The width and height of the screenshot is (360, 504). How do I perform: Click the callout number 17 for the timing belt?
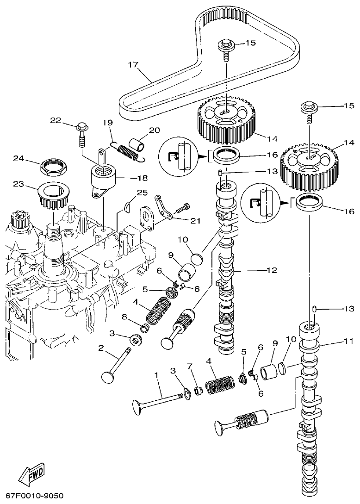pos(133,65)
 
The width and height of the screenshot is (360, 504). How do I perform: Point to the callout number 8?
pos(124,317)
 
